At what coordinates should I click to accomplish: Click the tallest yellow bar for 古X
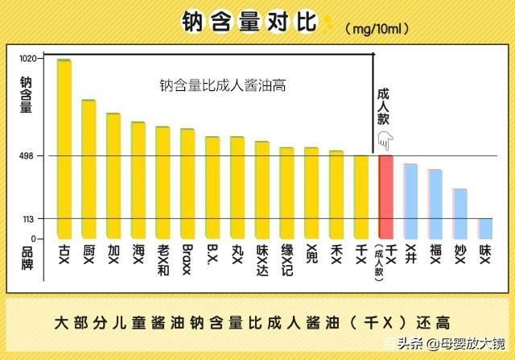tap(64, 149)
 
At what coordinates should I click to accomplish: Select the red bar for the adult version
tap(386, 197)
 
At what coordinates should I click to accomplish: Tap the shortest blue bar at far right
tap(485, 229)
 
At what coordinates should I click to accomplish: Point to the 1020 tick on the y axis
tap(28, 59)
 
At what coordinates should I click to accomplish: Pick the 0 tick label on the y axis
tap(34, 239)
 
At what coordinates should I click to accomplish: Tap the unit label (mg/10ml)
tap(377, 28)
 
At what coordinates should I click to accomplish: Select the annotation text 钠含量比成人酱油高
tap(223, 85)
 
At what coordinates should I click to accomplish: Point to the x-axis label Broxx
tap(187, 254)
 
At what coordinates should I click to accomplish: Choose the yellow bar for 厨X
tap(89, 169)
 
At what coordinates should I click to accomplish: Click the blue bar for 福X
tap(435, 204)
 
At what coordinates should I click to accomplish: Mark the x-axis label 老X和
tap(163, 258)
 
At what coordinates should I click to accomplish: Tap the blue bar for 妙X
tap(460, 213)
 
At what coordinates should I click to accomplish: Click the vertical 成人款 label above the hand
tap(384, 104)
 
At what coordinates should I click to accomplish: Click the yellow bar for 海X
tap(138, 180)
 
